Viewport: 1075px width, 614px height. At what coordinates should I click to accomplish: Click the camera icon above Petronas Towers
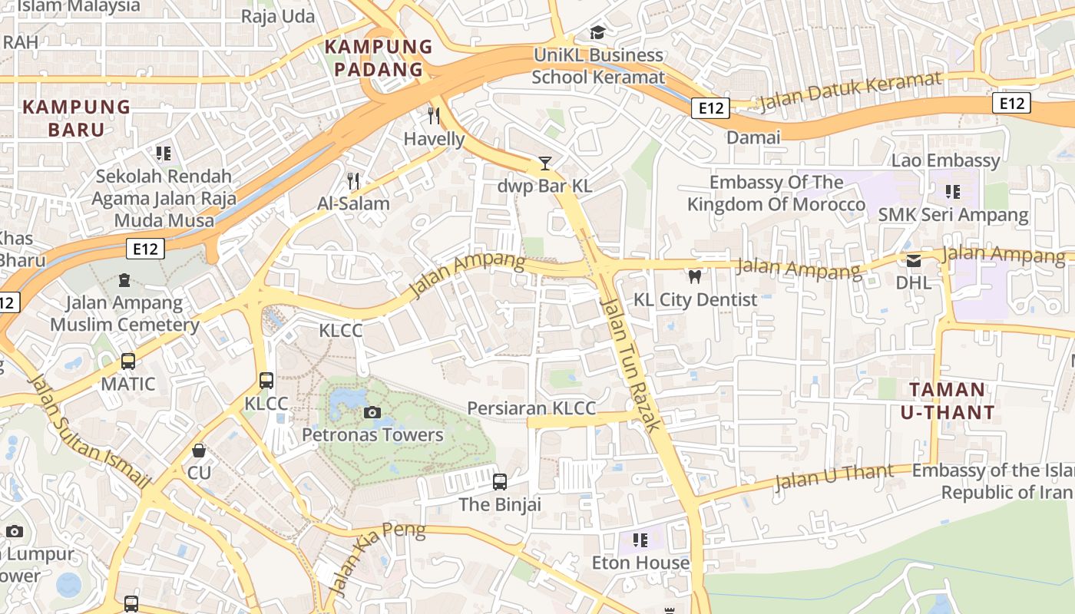coord(372,413)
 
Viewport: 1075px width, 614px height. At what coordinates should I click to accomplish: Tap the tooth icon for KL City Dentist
coord(695,276)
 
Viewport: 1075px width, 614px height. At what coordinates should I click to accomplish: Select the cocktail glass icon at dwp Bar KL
coord(544,163)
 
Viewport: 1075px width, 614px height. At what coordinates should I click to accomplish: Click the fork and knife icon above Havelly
coord(434,116)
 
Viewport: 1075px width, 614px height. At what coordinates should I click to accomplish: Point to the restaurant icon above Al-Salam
coord(353,181)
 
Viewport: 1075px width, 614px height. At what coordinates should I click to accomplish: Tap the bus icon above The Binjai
coord(500,482)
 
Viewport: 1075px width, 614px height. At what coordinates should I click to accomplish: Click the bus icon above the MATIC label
coord(128,361)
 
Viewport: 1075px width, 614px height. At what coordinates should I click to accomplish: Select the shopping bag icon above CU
coord(199,450)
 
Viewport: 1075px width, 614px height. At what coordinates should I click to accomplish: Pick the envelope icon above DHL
coord(914,261)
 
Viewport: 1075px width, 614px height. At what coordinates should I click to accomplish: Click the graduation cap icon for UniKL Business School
coord(597,32)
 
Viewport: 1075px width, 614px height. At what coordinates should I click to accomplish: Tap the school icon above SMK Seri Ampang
coord(953,192)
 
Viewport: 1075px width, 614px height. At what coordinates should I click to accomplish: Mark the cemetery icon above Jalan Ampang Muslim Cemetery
coord(124,280)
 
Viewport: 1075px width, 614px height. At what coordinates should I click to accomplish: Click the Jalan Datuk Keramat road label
coord(849,91)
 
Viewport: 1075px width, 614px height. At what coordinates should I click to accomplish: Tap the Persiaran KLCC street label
coord(531,408)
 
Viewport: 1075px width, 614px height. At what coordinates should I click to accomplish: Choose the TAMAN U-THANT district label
coord(947,401)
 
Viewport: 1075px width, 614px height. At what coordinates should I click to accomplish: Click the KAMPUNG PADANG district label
coord(378,58)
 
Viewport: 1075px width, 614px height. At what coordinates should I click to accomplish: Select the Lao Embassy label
coord(945,160)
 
